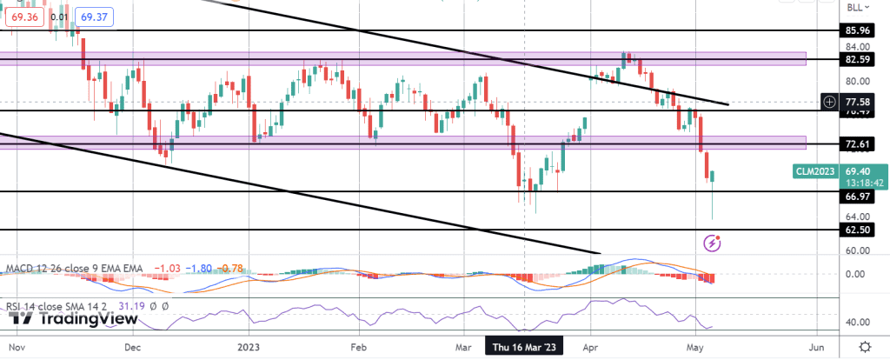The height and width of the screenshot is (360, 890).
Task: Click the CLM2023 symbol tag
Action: [815, 172]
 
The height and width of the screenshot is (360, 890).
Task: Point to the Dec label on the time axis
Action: [131, 345]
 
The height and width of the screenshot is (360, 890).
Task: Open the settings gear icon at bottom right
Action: [865, 346]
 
